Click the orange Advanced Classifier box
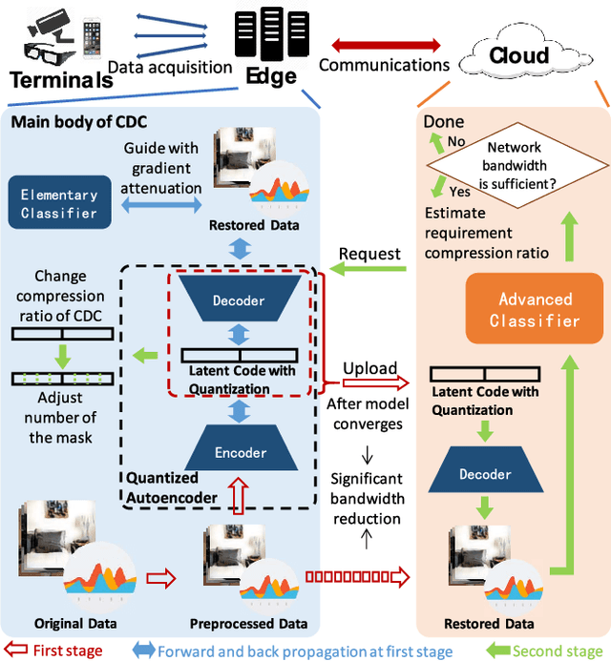point(535,310)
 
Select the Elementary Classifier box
point(59,203)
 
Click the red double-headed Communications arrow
point(384,44)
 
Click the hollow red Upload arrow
point(367,382)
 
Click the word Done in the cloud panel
point(444,122)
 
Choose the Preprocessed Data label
point(248,624)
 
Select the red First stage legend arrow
point(15,651)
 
